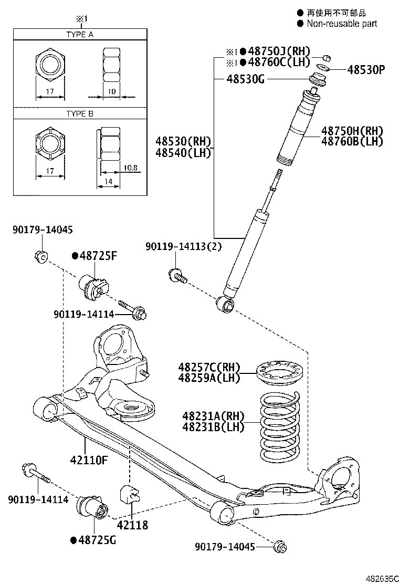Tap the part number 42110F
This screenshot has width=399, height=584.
(88, 461)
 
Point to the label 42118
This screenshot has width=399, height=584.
(132, 525)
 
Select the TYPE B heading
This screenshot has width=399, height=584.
(79, 113)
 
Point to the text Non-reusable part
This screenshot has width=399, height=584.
(342, 23)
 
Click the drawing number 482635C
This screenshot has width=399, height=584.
(379, 578)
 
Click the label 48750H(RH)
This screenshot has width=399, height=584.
(352, 131)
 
